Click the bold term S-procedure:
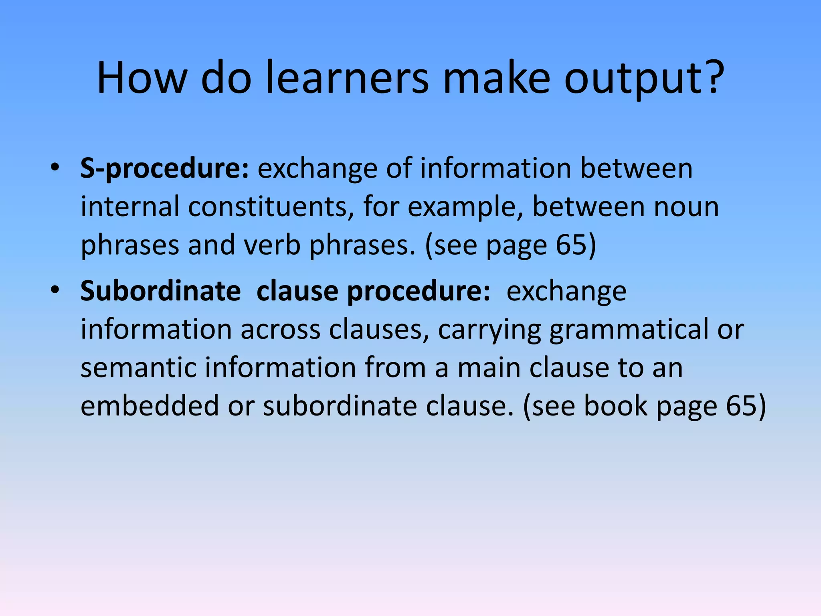tap(165, 168)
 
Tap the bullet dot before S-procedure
tap(55, 166)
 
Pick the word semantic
tap(138, 368)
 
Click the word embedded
tap(150, 405)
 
